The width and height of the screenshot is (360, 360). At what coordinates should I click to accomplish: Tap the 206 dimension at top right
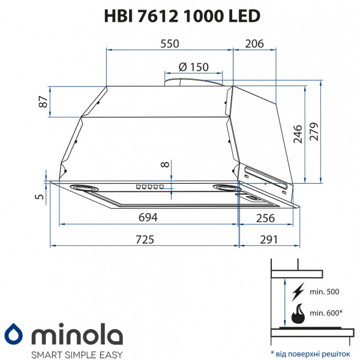point(255,43)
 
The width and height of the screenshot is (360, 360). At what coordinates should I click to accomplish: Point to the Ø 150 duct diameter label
point(194,67)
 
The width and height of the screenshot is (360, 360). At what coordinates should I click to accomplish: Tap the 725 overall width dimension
point(145,239)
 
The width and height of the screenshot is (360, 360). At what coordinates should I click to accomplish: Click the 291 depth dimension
point(268,239)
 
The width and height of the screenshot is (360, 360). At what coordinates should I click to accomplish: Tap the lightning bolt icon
point(297,293)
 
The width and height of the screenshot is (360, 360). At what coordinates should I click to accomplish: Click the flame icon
point(297,313)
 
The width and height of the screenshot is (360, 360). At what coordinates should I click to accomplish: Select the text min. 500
point(324,292)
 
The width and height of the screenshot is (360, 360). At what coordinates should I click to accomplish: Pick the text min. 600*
point(326,313)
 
